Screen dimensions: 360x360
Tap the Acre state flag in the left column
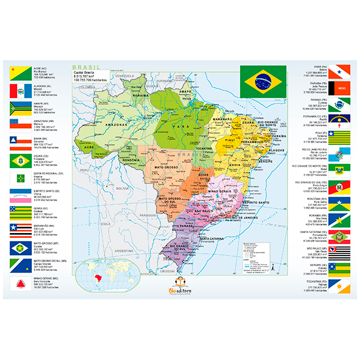18,74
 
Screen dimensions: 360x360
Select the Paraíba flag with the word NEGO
341,89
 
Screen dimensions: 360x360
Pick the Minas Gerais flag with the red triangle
18,282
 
